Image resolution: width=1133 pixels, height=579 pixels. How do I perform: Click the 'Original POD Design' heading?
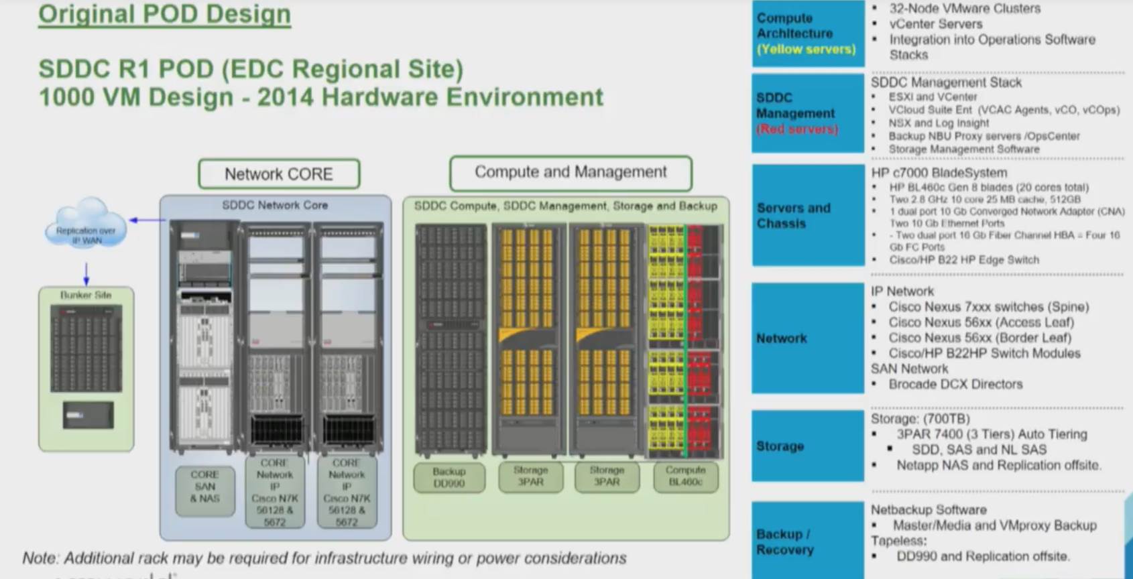click(x=164, y=14)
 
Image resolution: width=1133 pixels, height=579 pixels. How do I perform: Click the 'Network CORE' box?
click(x=279, y=174)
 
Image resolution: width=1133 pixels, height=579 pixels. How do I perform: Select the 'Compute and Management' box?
click(x=571, y=173)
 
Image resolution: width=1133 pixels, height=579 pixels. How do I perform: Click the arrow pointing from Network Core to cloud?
click(x=147, y=220)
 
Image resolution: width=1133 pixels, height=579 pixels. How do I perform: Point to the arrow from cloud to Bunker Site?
click(x=86, y=273)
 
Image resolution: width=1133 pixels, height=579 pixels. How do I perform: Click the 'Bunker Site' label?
click(x=86, y=295)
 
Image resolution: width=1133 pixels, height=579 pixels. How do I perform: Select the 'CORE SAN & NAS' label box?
click(x=205, y=487)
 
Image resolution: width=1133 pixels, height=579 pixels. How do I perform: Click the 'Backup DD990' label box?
click(x=449, y=477)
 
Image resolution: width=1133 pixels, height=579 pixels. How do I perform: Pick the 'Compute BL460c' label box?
click(x=686, y=476)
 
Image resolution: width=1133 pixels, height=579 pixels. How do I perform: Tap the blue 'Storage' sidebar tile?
click(x=807, y=446)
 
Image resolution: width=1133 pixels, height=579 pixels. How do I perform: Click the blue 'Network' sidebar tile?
click(x=807, y=338)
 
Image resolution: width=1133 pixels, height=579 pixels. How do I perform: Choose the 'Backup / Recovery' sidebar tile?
click(x=807, y=541)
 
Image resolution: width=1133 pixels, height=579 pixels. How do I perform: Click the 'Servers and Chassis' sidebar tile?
click(x=807, y=216)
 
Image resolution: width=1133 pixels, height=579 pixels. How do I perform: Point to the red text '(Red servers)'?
click(x=797, y=129)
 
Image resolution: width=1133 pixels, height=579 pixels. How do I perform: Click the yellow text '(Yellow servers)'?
click(x=806, y=50)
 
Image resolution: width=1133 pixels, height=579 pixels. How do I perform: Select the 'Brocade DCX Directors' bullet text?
click(x=955, y=385)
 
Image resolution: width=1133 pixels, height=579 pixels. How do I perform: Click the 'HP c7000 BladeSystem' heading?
click(x=939, y=173)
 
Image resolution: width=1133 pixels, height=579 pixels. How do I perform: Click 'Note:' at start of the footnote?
click(x=40, y=558)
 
